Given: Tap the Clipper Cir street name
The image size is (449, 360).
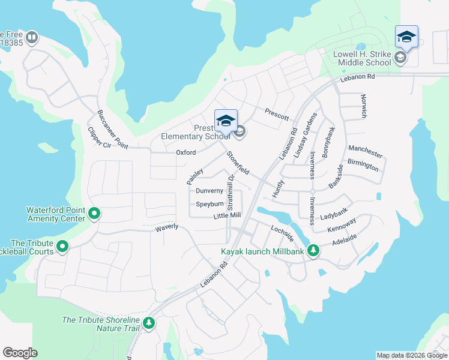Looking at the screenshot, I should click(100, 138).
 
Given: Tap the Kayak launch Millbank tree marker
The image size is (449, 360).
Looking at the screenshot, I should click(313, 251).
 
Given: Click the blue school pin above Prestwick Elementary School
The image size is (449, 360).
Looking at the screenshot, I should click(226, 121).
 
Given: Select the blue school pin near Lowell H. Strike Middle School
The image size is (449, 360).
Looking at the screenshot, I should click(406, 38).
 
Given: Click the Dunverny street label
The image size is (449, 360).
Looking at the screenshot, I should click(209, 191).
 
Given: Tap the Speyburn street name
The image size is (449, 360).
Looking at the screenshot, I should click(209, 204).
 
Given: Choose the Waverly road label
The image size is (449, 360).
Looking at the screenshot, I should click(166, 227).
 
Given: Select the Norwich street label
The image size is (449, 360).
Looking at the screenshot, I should click(363, 106).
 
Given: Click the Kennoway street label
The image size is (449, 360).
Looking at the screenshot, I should click(342, 226).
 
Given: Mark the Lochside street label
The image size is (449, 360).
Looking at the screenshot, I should click(282, 233).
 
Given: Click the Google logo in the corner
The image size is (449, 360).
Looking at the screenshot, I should click(20, 353).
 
